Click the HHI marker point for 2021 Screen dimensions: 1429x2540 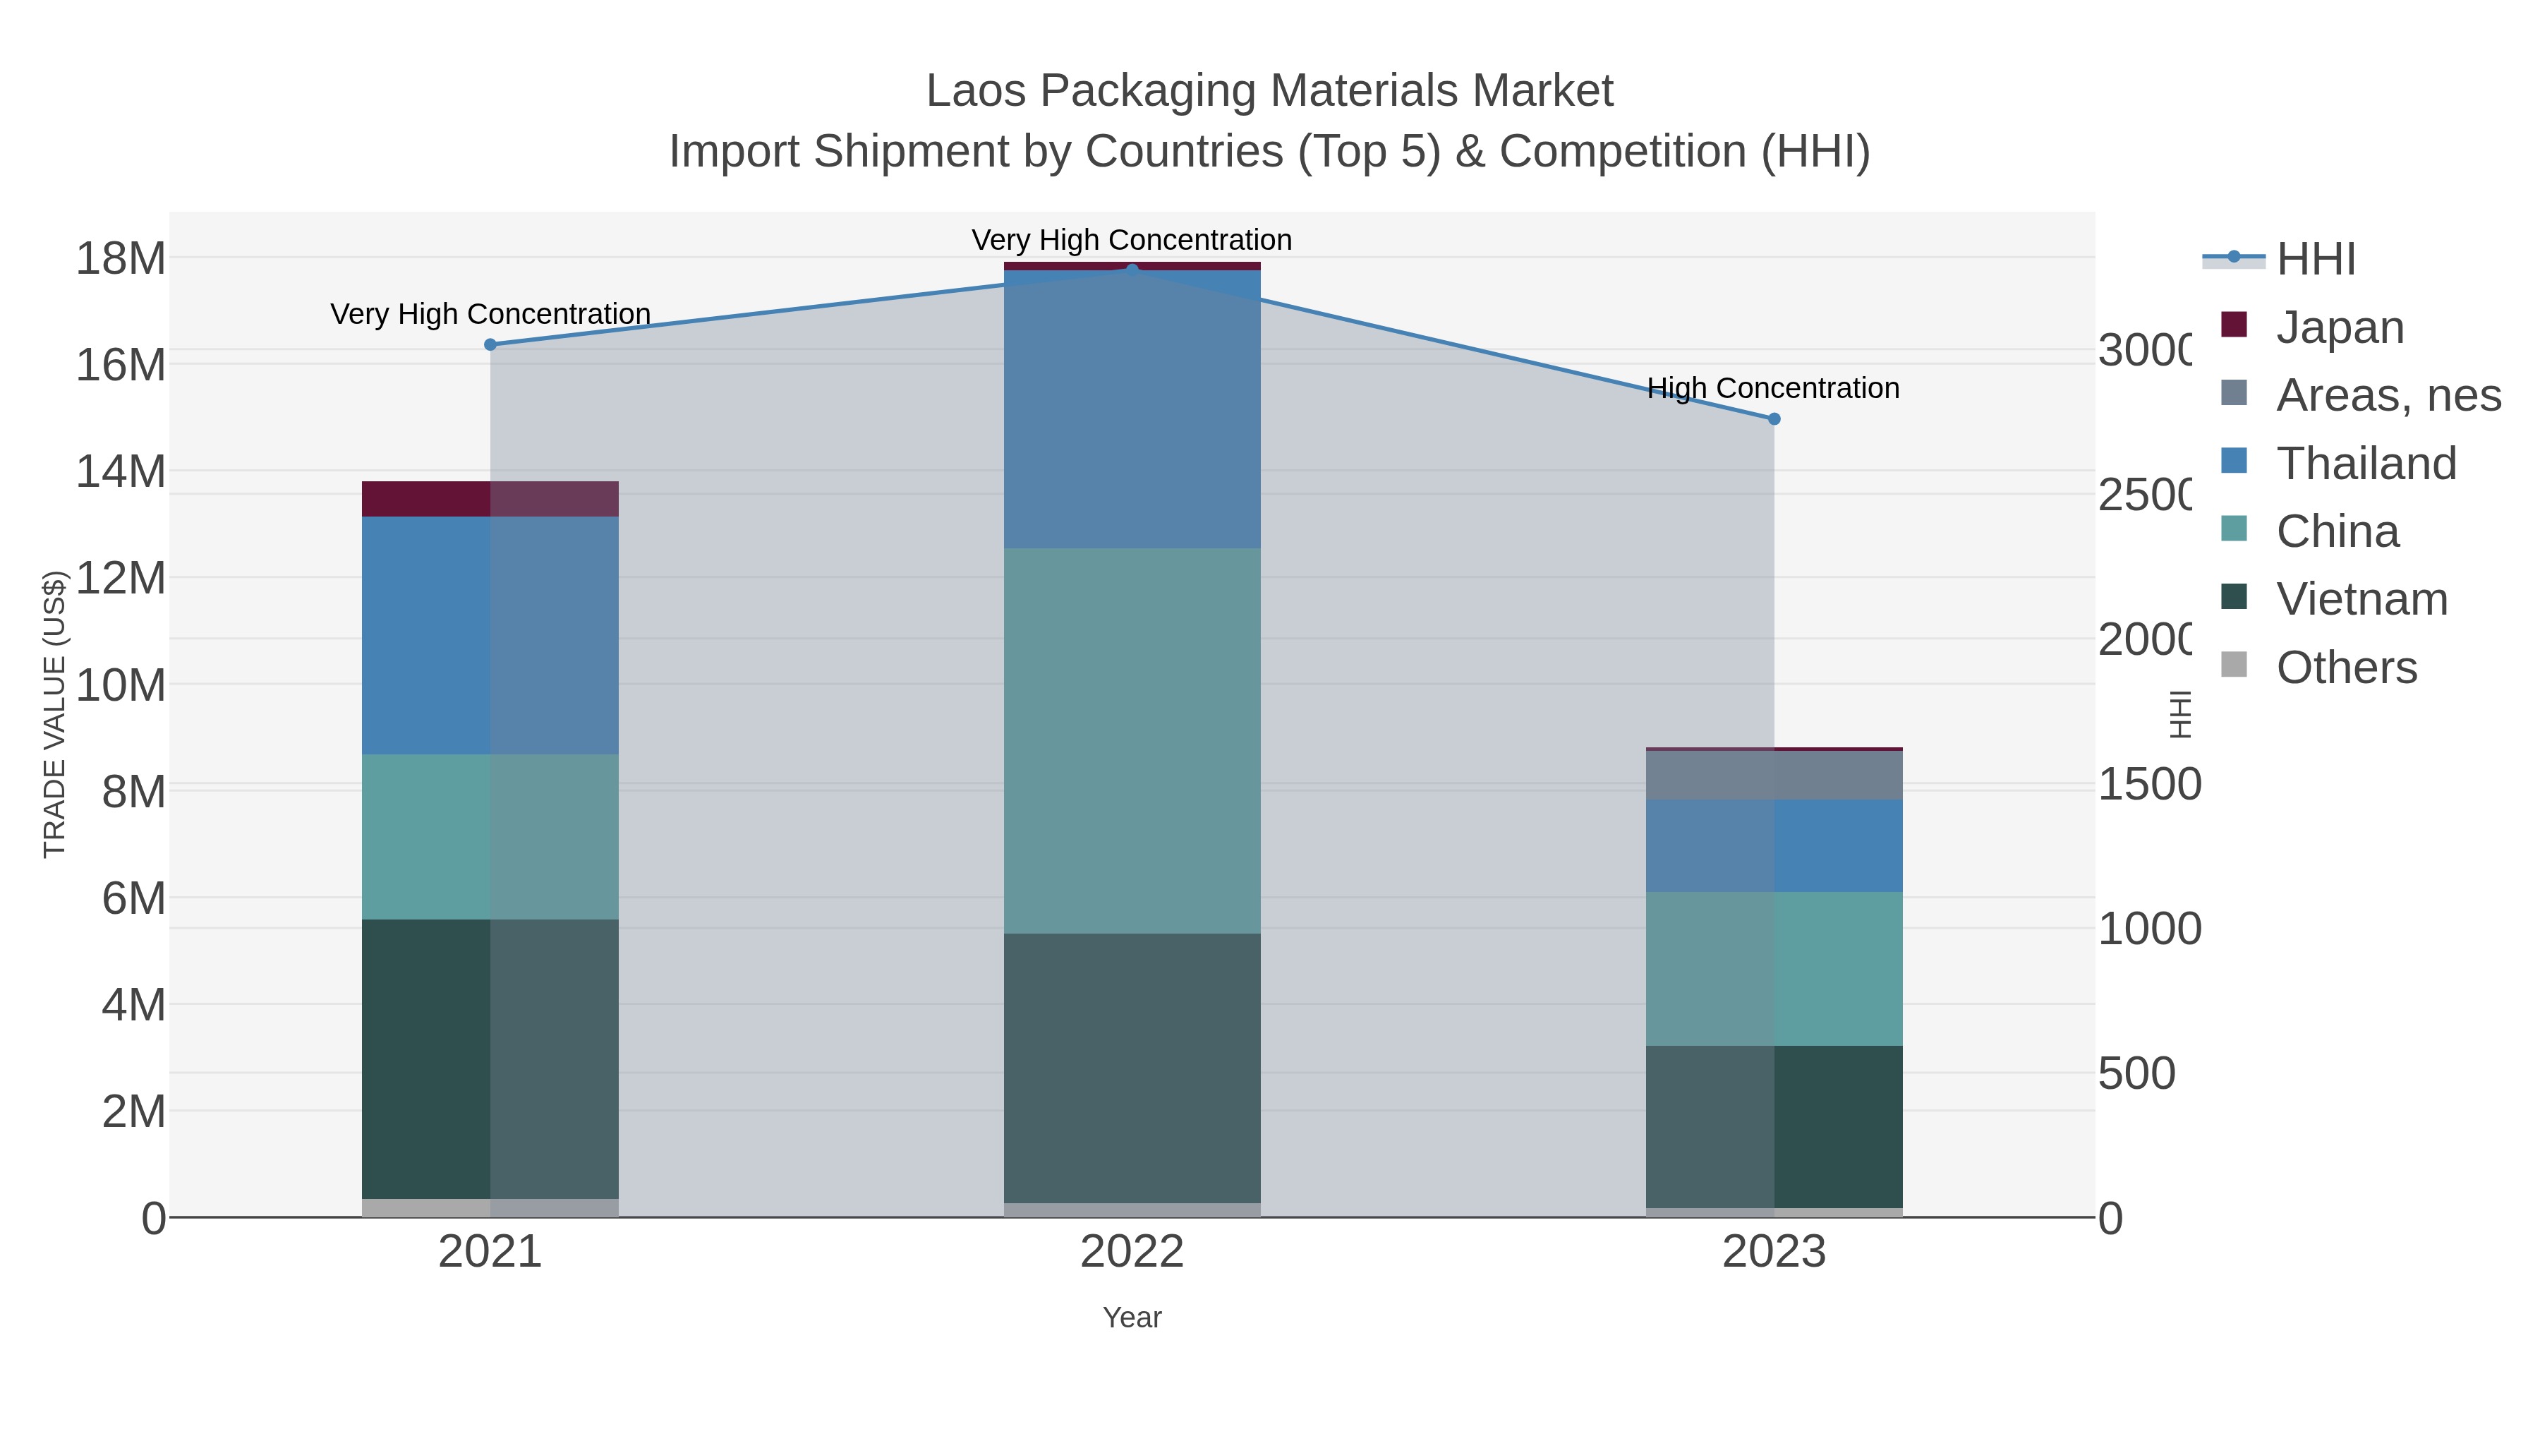tap(490, 344)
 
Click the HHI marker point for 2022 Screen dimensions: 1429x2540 tap(1132, 270)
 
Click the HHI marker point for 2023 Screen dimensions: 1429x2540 tap(1774, 419)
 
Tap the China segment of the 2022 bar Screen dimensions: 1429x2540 tap(1132, 740)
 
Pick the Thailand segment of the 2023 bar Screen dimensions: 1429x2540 tap(1774, 845)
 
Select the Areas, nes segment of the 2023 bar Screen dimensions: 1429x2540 tap(1774, 775)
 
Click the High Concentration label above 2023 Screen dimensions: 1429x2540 tap(1773, 389)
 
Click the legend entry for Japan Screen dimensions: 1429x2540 tap(2340, 327)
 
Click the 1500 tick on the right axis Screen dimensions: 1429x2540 tap(2148, 785)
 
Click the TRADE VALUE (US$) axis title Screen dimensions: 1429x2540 tap(54, 714)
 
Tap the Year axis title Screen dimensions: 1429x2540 tap(1132, 1318)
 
